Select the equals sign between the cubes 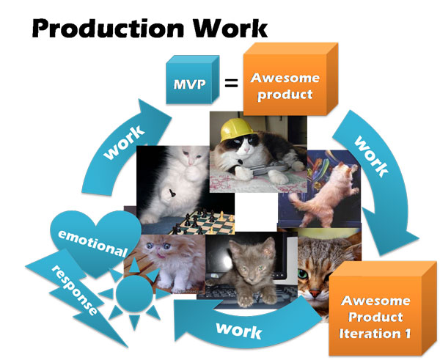coord(231,83)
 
